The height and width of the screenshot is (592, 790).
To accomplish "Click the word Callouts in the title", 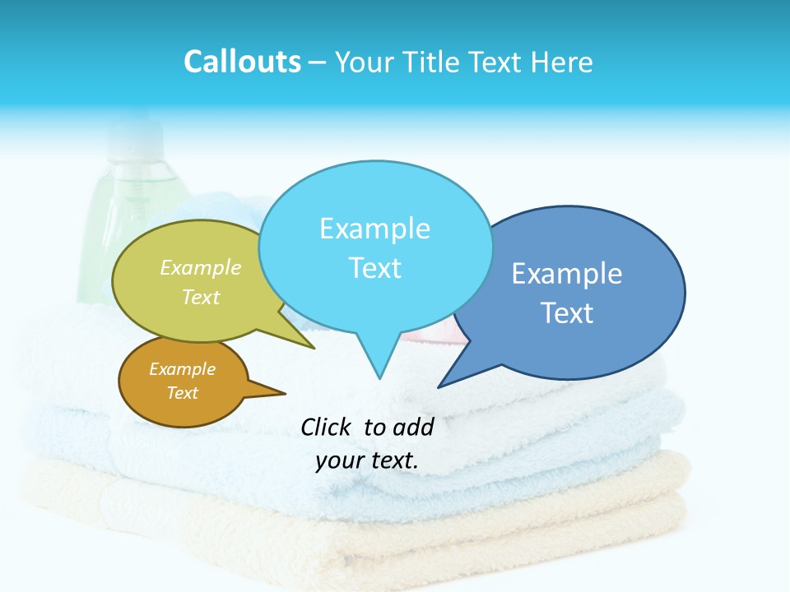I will [242, 62].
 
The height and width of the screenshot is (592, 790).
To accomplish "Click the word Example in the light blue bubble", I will [374, 229].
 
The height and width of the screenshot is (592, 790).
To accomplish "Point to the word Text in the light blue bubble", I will [374, 268].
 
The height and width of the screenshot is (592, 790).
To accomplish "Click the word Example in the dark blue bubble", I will [567, 274].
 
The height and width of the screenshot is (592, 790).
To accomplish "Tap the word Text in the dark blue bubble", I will [567, 313].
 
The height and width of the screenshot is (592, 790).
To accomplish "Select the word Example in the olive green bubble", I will [201, 267].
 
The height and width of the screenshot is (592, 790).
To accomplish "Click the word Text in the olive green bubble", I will [201, 297].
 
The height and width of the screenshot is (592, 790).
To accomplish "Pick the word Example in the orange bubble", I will [182, 369].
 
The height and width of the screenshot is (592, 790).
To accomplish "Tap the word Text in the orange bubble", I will [182, 393].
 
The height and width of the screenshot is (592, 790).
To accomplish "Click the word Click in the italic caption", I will [326, 427].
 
